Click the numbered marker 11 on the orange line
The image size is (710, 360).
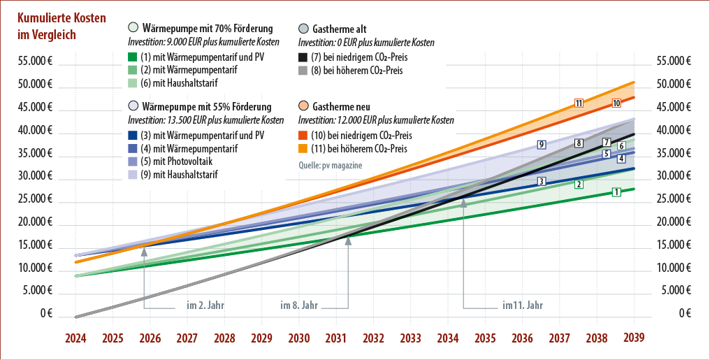point(579,103)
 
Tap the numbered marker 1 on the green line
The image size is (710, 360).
point(616,192)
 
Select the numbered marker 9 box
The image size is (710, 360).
point(542,145)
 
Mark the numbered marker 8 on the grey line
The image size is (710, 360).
point(579,143)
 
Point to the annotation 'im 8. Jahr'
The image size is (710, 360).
point(299,305)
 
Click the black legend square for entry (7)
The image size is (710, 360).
point(303,57)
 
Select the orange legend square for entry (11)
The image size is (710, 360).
point(303,149)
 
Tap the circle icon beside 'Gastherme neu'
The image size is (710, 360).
point(303,106)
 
